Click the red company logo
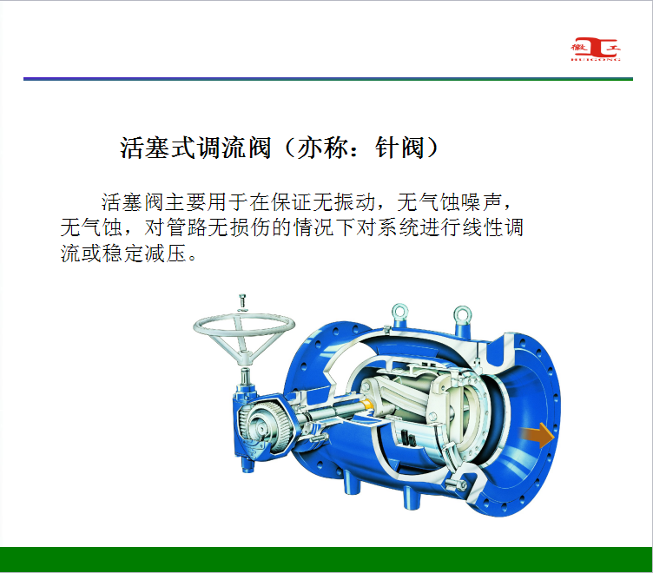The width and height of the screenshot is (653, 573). (x=596, y=49)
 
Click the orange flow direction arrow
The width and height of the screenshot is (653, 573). (x=538, y=435)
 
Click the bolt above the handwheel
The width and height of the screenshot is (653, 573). (x=243, y=301)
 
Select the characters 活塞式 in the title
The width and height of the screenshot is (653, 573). (x=158, y=148)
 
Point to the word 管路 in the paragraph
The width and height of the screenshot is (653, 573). (x=187, y=227)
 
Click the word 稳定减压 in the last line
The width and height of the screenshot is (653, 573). (x=144, y=253)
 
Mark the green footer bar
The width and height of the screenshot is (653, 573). (x=326, y=559)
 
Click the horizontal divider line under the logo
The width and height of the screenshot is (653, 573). (x=328, y=79)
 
